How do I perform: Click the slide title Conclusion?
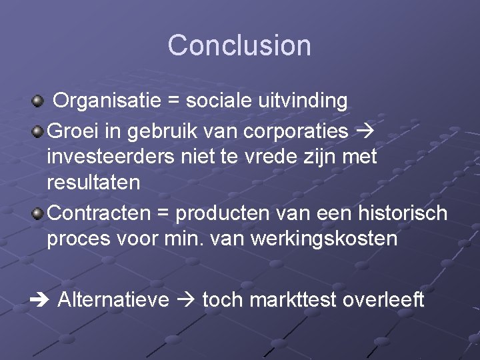pos(239,45)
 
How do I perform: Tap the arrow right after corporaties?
pos(365,131)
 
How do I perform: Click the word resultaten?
pos(93,182)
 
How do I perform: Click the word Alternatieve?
pos(113,300)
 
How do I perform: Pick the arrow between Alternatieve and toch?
pos(186,300)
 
